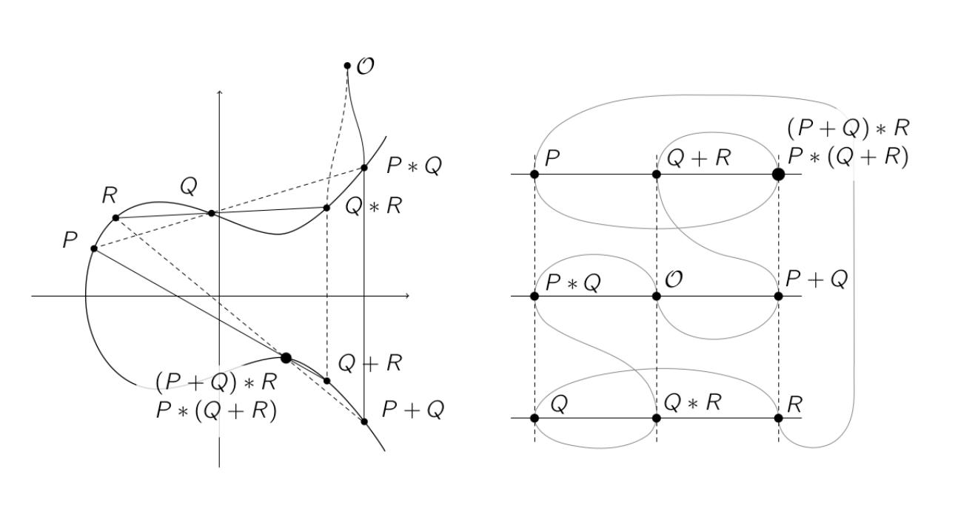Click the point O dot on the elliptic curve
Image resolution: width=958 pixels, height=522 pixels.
coord(347,66)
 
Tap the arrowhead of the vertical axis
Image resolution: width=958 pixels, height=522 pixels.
coord(220,92)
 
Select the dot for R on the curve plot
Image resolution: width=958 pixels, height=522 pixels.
coord(115,217)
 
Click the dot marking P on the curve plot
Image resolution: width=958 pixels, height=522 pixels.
coord(94,248)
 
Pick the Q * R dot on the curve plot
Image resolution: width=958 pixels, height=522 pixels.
coord(326,208)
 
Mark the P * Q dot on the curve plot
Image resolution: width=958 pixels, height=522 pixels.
coord(364,168)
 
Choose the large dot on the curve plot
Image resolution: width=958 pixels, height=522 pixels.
coord(286,358)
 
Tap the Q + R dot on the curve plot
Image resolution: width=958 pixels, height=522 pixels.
coord(326,381)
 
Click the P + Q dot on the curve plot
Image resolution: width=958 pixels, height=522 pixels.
coord(364,421)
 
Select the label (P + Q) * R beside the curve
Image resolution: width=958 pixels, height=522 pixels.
coord(216,382)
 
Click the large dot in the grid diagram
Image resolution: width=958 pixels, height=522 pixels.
coord(778,174)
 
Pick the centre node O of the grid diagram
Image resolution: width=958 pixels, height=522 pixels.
coord(656,296)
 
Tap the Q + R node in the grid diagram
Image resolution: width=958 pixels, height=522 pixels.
coord(656,174)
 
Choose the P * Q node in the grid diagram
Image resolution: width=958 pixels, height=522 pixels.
coord(535,296)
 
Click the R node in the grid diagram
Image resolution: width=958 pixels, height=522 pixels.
coord(778,418)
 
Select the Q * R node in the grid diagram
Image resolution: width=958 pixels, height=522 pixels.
coord(656,418)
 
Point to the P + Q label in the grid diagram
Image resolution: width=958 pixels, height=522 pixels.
coord(816,279)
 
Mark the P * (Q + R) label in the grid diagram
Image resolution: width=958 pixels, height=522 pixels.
coord(848,157)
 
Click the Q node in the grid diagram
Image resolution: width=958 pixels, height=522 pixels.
coord(535,418)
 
